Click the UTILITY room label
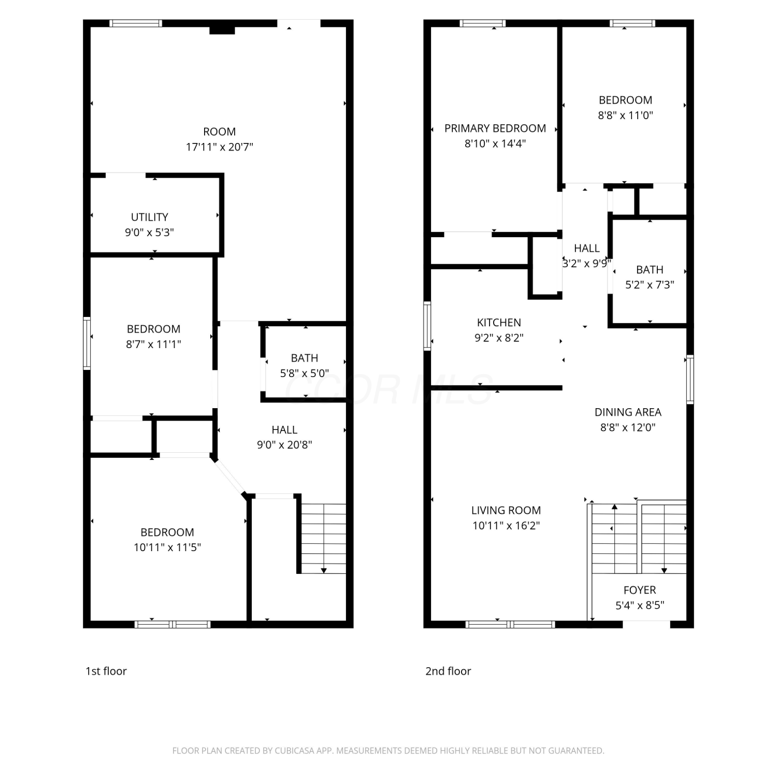pyautogui.click(x=149, y=217)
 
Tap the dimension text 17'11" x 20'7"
pyautogui.click(x=220, y=147)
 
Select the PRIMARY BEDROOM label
pyautogui.click(x=495, y=128)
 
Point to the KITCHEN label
pyautogui.click(x=499, y=323)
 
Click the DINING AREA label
pyautogui.click(x=628, y=412)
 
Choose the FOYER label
pyautogui.click(x=640, y=590)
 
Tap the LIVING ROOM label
pyautogui.click(x=506, y=510)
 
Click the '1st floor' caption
pyautogui.click(x=106, y=671)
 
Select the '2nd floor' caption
pyautogui.click(x=448, y=671)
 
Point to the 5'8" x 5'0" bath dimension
pyautogui.click(x=305, y=373)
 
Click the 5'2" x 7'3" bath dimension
pyautogui.click(x=650, y=285)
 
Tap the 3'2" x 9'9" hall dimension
pyautogui.click(x=587, y=263)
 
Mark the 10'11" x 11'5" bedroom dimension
pyautogui.click(x=167, y=548)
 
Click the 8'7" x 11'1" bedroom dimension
pyautogui.click(x=153, y=344)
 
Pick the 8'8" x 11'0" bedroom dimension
pyautogui.click(x=625, y=116)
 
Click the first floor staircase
pyautogui.click(x=324, y=539)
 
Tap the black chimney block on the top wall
pyautogui.click(x=222, y=30)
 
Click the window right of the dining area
pyautogui.click(x=690, y=379)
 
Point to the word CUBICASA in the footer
pyautogui.click(x=295, y=751)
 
